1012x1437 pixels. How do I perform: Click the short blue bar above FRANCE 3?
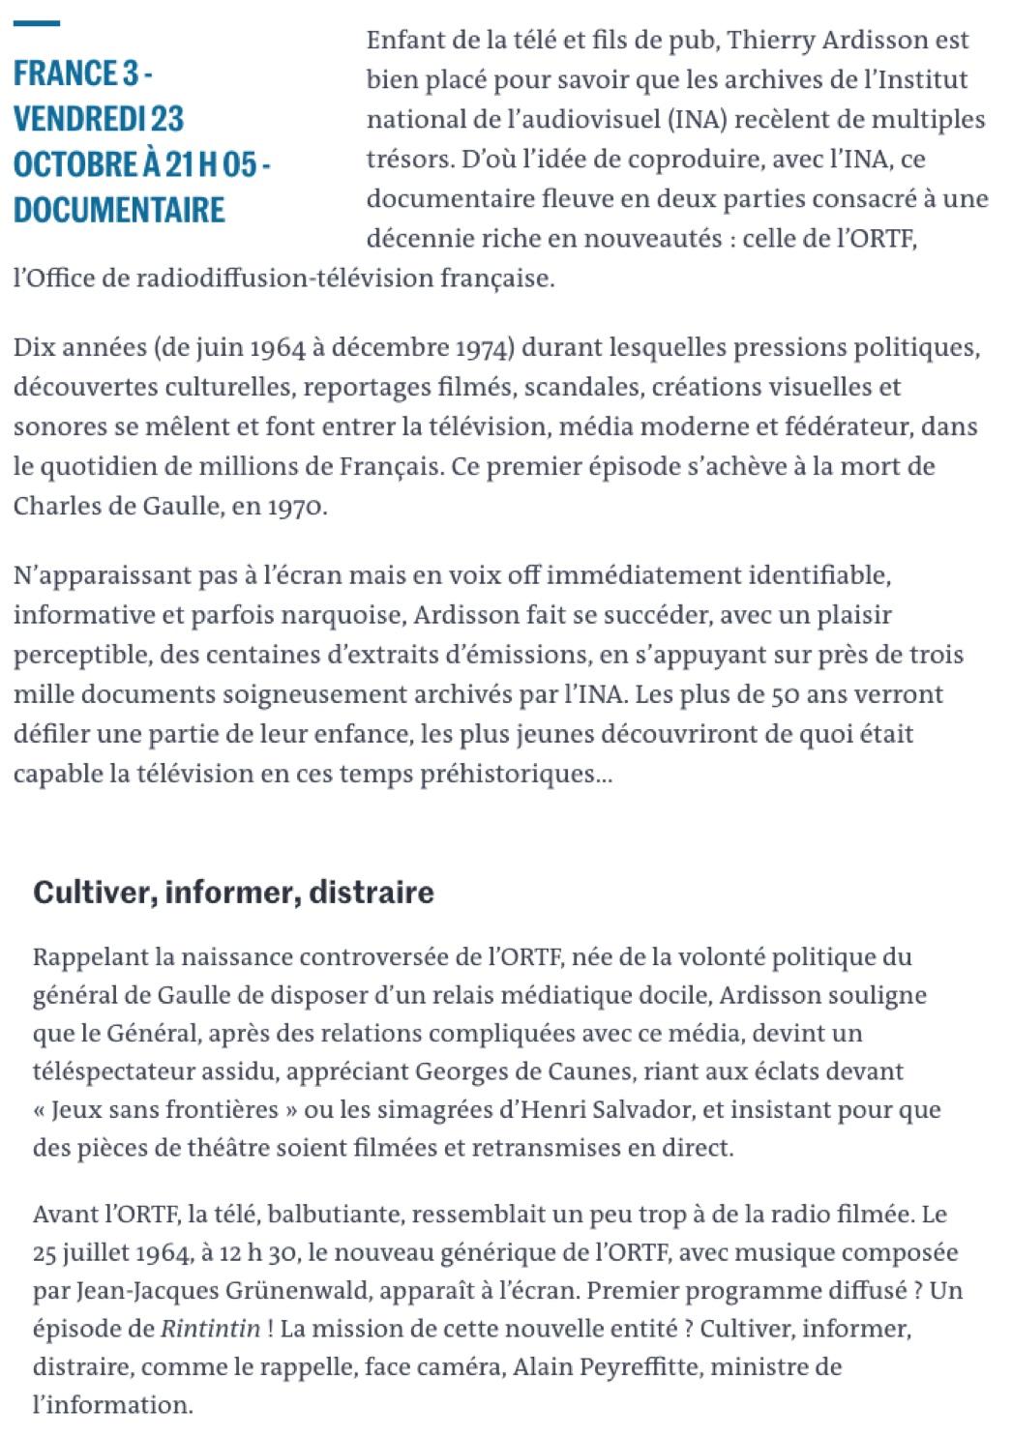pos(37,22)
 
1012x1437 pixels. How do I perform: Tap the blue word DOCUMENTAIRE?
pos(120,209)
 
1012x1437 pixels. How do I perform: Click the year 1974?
pos(484,347)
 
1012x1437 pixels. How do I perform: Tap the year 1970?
pos(298,506)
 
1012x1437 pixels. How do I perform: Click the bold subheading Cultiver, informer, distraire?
pos(233,892)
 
